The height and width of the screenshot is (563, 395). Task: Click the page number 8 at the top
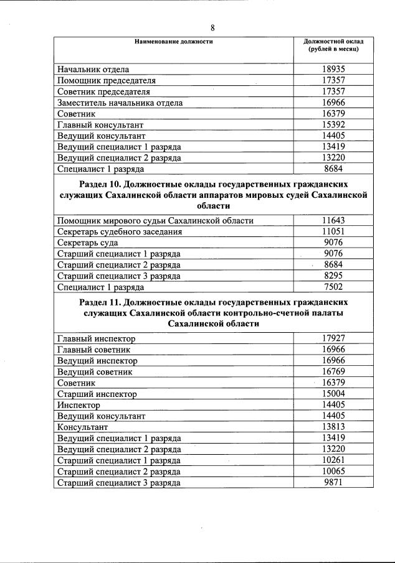click(212, 28)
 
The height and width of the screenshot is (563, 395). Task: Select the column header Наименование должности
click(174, 42)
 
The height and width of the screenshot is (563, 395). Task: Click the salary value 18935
click(334, 70)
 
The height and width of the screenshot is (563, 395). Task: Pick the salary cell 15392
click(334, 124)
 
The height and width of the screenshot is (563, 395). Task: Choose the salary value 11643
click(334, 221)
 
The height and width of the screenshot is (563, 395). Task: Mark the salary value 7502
click(334, 287)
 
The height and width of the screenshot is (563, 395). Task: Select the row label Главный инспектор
click(96, 338)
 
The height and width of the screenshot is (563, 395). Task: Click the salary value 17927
click(334, 338)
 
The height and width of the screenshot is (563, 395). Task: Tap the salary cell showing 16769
click(334, 371)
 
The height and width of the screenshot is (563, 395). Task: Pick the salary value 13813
click(334, 427)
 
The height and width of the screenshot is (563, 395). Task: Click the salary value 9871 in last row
click(334, 482)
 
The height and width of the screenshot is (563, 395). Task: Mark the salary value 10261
click(334, 460)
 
